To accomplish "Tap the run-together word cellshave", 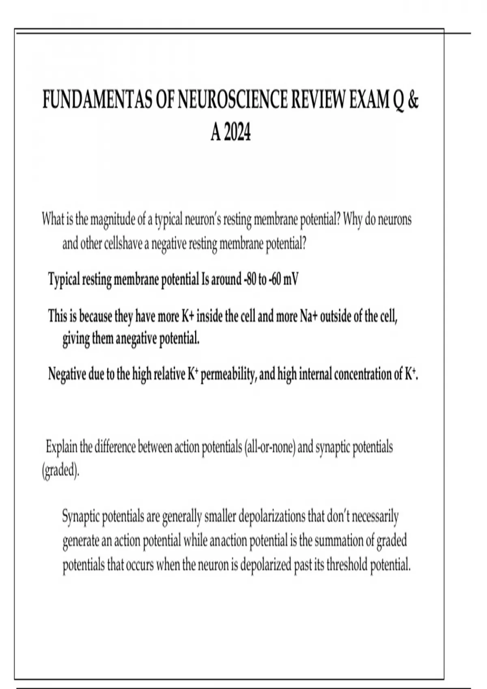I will click(122, 244).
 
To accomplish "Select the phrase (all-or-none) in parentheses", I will click(269, 447).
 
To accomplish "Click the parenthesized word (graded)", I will click(60, 471).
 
